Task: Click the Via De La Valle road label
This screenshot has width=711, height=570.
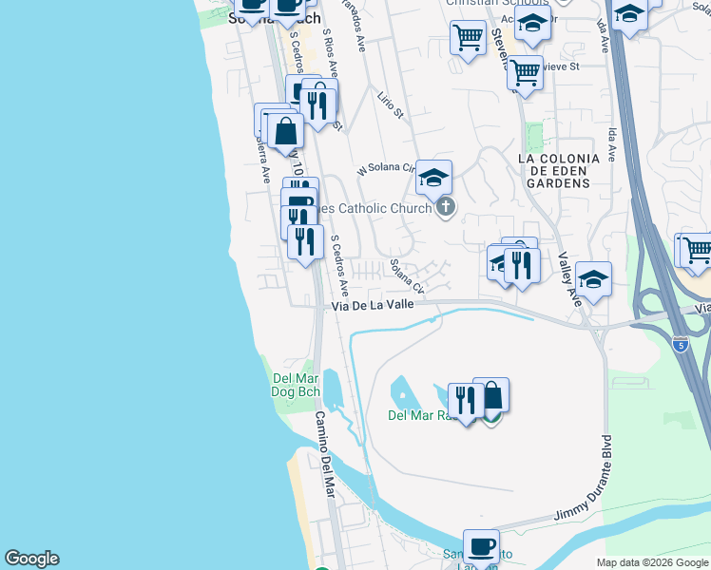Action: coord(374,306)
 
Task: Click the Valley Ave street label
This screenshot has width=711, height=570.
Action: coord(569,275)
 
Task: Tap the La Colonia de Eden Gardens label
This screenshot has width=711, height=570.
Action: coord(558,171)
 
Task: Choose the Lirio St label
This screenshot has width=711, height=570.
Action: coord(391,105)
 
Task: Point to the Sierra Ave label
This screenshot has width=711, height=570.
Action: coord(261,155)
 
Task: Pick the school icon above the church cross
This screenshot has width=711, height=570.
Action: coord(433,178)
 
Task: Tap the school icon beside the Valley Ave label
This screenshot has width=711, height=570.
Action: coord(593,279)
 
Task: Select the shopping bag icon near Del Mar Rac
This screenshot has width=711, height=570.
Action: coord(491,394)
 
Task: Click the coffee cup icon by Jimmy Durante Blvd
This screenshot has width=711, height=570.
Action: coord(481,546)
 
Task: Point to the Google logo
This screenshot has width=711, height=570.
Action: coord(31,559)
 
